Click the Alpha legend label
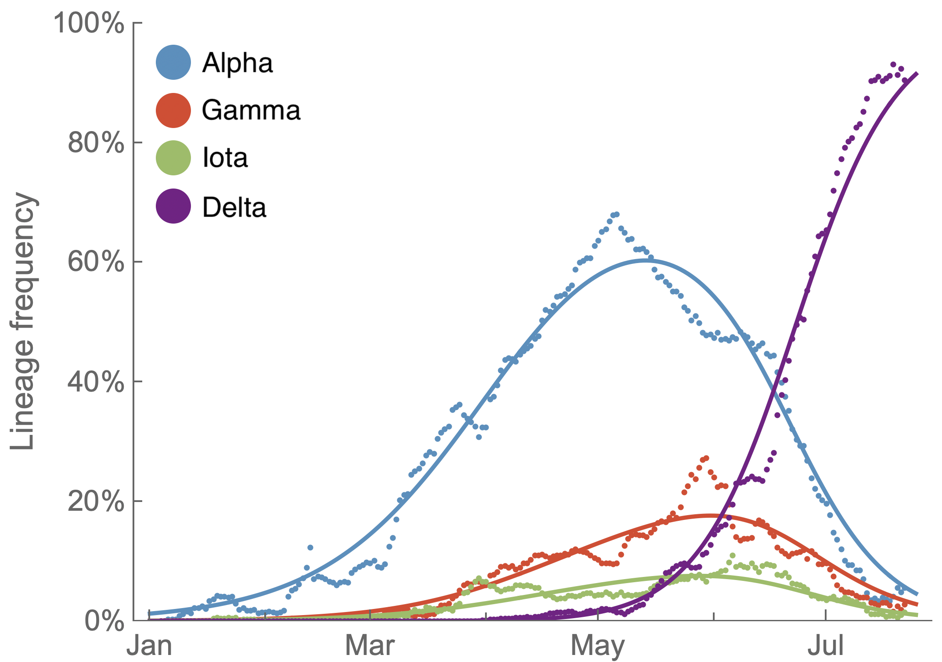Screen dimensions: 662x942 click(237, 63)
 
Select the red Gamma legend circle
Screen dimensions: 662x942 click(173, 110)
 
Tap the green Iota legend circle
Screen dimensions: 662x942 click(173, 158)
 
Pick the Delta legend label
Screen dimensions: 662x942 click(234, 207)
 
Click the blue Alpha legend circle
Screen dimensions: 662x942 click(173, 62)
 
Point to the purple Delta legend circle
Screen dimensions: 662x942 click(173, 206)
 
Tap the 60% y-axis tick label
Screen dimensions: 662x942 click(96, 262)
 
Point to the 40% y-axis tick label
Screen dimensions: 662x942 click(96, 382)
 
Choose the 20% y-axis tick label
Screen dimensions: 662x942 click(96, 501)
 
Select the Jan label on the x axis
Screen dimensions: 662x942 click(149, 646)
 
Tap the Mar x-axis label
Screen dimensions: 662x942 click(370, 646)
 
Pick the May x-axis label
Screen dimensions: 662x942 click(597, 646)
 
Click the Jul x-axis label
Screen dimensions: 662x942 click(825, 646)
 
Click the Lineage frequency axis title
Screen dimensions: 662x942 click(23, 321)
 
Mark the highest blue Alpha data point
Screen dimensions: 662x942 click(617, 214)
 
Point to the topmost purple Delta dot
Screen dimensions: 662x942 click(893, 64)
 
